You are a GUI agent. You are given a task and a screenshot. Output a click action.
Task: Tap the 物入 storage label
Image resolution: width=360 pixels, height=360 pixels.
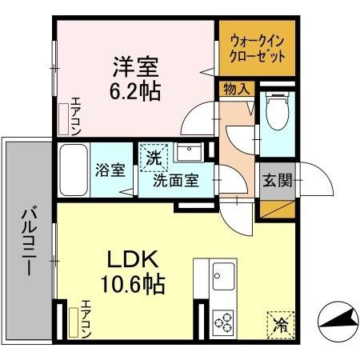235,89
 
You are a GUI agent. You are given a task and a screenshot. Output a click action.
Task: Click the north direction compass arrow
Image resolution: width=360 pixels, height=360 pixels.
338,320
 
